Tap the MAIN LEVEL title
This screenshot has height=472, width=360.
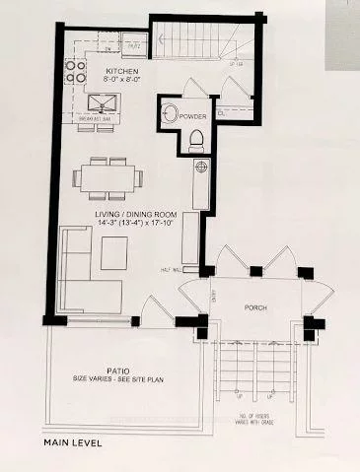tap(74, 443)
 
